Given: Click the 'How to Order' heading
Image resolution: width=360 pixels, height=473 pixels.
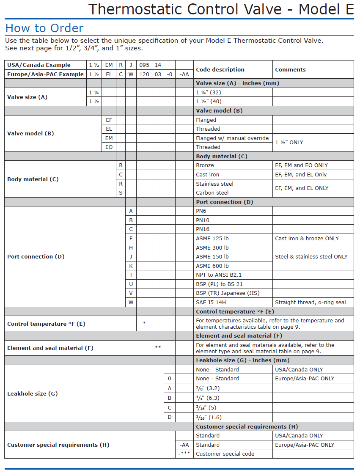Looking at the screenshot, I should [44, 28].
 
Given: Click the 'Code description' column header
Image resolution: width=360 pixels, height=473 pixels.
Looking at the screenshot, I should [220, 69].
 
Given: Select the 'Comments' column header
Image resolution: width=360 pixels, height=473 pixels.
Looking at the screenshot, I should [290, 69].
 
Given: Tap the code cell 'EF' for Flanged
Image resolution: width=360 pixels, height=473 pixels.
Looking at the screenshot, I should [109, 120].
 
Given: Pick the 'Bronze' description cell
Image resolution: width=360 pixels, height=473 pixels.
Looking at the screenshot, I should [205, 165].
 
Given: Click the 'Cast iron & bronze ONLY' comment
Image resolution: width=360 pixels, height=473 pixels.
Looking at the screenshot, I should [307, 239].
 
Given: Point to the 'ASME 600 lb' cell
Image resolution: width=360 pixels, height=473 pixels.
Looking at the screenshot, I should [212, 266].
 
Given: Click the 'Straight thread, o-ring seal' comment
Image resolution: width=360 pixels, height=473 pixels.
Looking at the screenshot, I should [310, 302].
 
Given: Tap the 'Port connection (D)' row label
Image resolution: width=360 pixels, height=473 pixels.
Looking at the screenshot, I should [30, 257].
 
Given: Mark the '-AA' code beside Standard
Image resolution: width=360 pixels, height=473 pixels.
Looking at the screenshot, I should [184, 445].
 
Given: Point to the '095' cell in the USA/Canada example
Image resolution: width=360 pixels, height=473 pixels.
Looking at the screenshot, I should [144, 65].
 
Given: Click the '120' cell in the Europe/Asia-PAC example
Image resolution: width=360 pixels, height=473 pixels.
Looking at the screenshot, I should [144, 74].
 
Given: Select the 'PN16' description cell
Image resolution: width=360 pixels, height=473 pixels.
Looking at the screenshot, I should [203, 229].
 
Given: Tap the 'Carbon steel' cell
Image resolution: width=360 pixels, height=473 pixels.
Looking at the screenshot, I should [212, 193].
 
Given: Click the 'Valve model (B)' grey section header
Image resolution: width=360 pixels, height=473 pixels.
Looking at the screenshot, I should [219, 111].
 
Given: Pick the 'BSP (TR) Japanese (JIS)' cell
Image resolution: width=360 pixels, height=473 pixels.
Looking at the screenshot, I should [228, 293].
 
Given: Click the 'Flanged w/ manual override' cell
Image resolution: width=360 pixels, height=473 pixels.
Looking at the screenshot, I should [232, 138].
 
